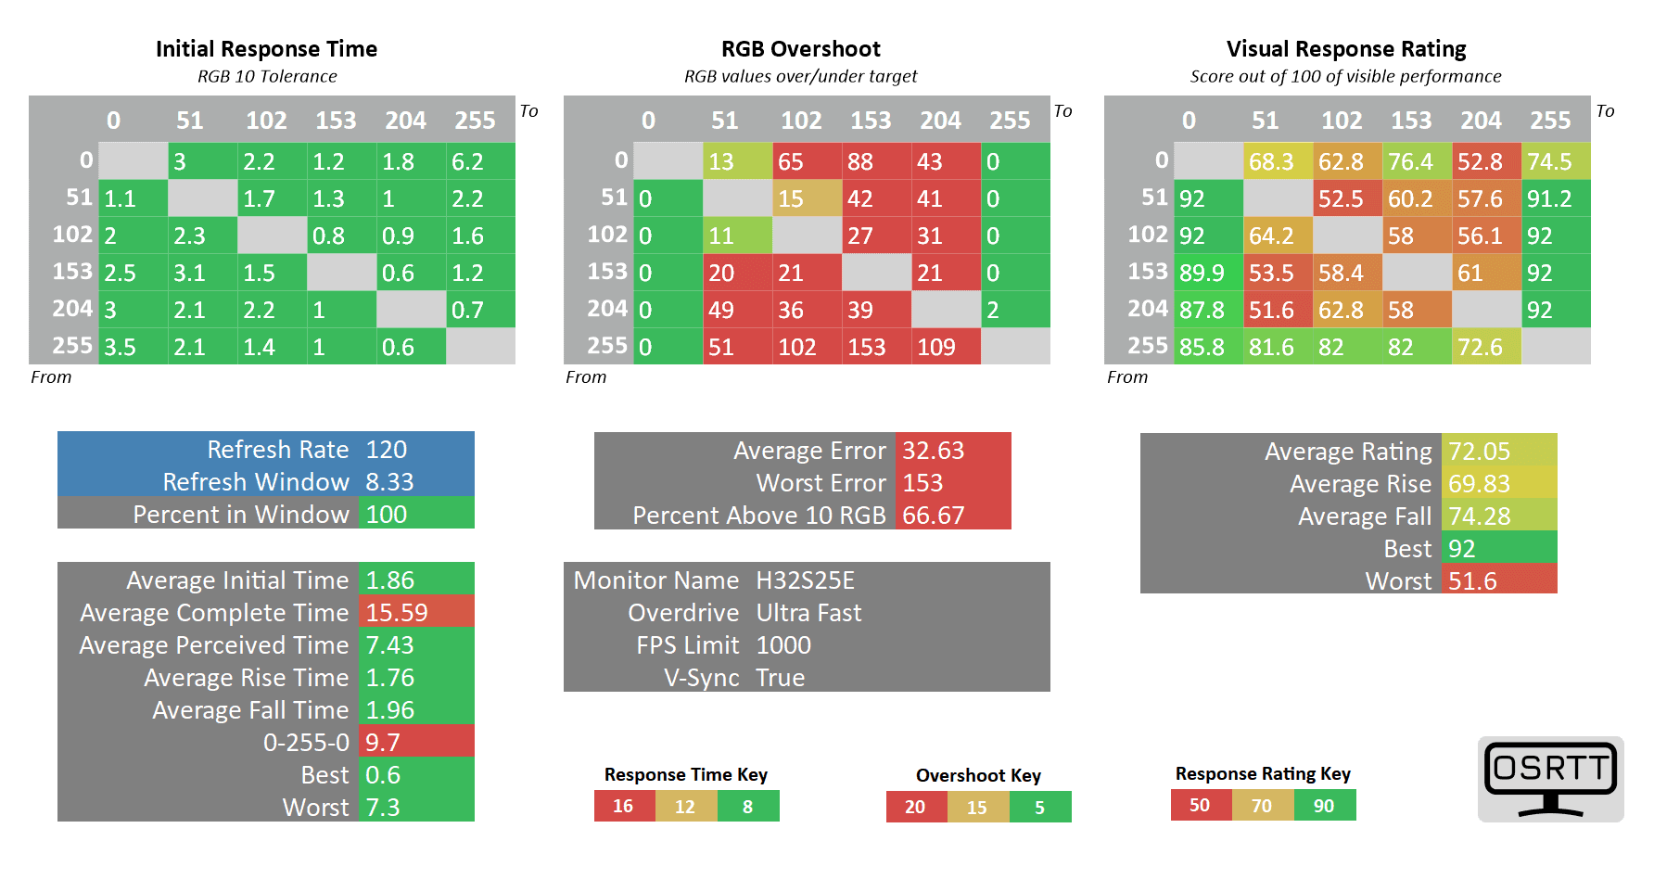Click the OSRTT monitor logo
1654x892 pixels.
click(1550, 778)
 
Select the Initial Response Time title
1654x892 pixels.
click(266, 49)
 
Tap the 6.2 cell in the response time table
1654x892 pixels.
click(479, 161)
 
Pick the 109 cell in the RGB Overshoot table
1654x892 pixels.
click(945, 347)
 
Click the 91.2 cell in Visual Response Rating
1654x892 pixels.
click(1555, 198)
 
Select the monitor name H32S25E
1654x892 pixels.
click(805, 580)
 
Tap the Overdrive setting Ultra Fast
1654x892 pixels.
click(808, 613)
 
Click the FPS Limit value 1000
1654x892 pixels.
click(783, 645)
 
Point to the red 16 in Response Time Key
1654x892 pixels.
click(623, 807)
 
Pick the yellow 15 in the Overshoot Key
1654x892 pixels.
click(977, 808)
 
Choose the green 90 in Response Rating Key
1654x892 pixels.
click(1324, 806)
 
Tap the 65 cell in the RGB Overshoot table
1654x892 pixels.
click(806, 161)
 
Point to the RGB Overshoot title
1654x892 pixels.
click(801, 49)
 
